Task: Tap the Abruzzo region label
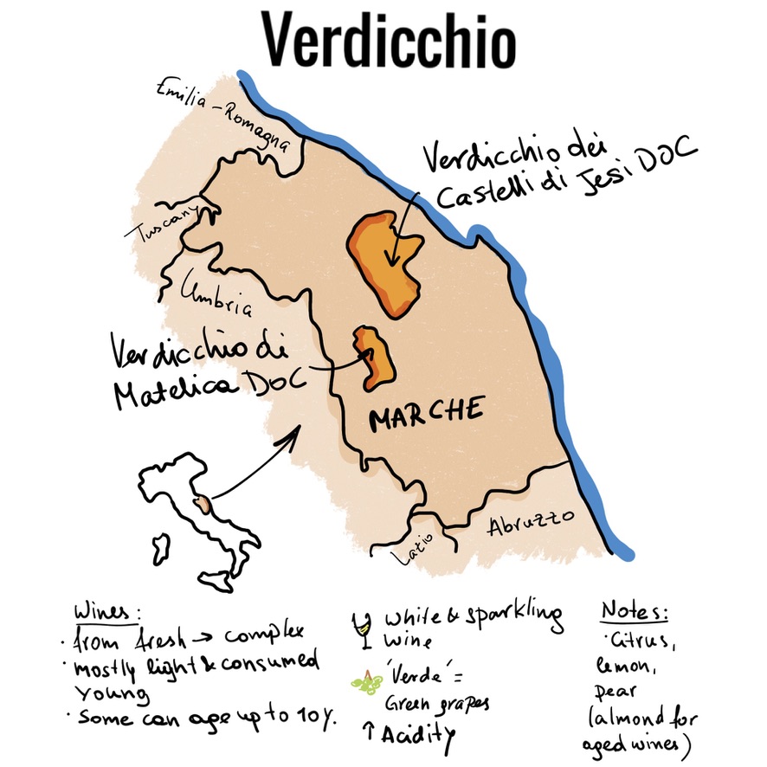tap(531, 522)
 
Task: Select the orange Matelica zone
tap(373, 357)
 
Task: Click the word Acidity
tap(418, 734)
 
